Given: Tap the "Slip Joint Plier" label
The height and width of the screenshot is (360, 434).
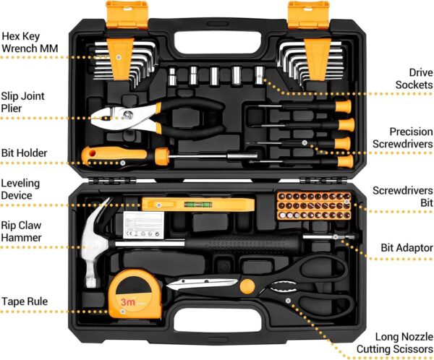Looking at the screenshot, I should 21,101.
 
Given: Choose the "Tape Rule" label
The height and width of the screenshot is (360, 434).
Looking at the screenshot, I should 25,301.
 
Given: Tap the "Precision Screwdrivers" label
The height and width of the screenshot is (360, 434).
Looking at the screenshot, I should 401,138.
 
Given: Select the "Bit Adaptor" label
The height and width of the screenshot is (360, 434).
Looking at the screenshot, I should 407,248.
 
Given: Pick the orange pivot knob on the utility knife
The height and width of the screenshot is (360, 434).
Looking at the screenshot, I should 248,285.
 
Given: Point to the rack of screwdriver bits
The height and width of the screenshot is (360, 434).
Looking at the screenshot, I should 314,206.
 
